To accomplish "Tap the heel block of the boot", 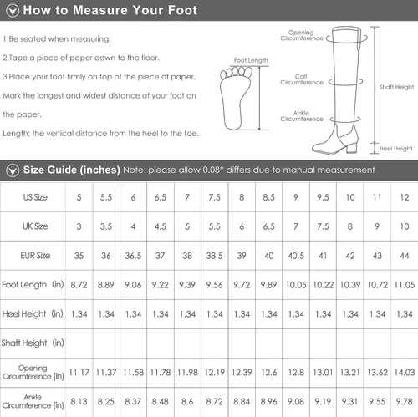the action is (352, 146).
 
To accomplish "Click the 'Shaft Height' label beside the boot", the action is (396, 87).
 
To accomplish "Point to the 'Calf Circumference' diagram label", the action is (302, 79).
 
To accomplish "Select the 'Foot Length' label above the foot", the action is (251, 60).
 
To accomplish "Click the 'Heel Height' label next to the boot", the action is (395, 149).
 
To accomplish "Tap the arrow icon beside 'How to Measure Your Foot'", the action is (13, 11).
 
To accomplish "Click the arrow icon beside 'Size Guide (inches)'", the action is (13, 170).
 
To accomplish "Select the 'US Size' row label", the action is (35, 197).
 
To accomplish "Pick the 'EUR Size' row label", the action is (35, 256).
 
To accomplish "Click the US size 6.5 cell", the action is (161, 197).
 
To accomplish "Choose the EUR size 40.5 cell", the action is (296, 256).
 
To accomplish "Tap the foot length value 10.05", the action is (296, 285).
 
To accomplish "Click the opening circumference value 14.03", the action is (405, 373).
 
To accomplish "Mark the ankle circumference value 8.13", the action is (79, 402).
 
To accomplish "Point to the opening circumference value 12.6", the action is (268, 373).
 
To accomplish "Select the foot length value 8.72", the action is (79, 285).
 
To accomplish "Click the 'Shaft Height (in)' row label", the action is (33, 343).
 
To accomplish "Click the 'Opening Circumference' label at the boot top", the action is (302, 35).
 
